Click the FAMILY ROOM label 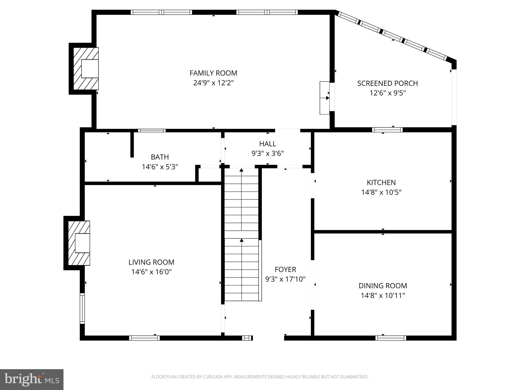point(213,73)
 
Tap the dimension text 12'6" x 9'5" point(387,93)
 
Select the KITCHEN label point(381,183)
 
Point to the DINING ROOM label point(383,286)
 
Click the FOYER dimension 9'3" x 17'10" point(285,279)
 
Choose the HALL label point(268,144)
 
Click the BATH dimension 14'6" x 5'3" point(160,167)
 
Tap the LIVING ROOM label point(151,262)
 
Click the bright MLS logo point(32,380)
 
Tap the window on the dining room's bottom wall point(391,338)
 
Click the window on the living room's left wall point(82,308)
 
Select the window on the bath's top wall point(152,131)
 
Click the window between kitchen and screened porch point(387,130)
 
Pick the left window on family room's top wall point(161,12)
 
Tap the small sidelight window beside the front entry point(247,338)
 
